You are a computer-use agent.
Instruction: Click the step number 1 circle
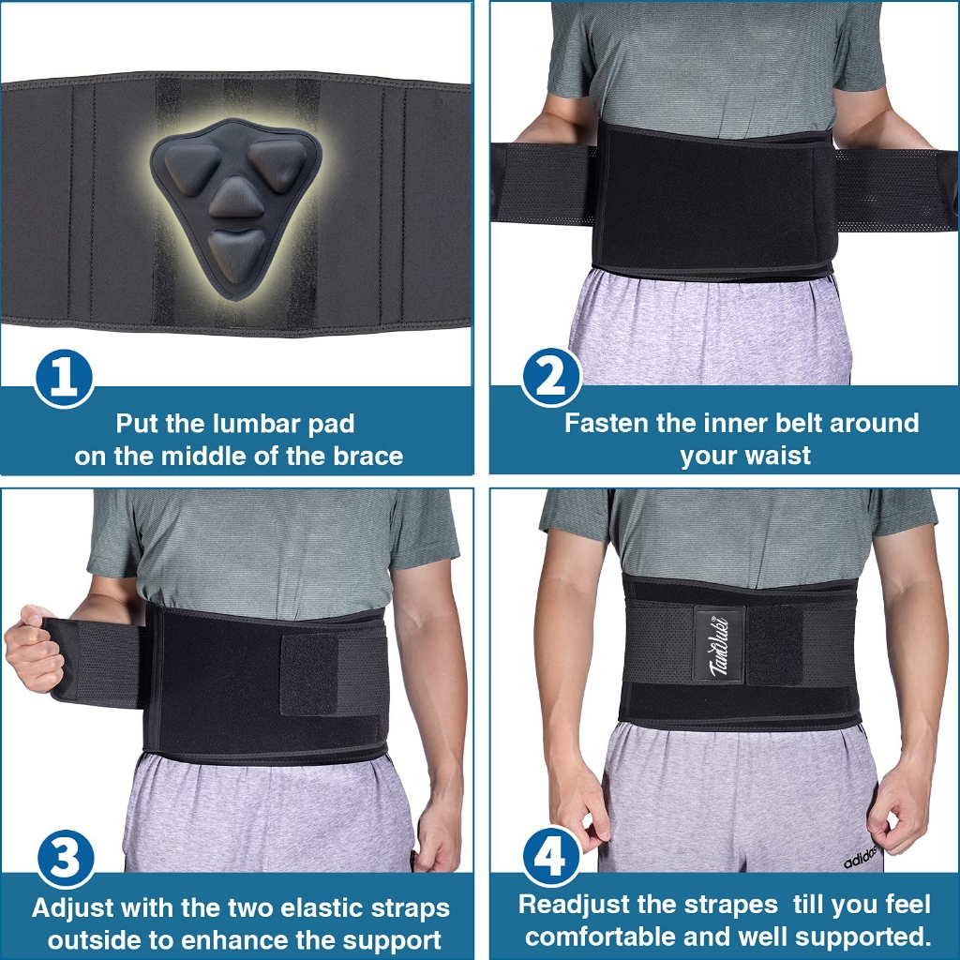64,379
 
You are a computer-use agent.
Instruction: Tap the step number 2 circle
551,377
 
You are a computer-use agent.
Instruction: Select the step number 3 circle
66,859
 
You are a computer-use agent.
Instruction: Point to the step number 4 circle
551,856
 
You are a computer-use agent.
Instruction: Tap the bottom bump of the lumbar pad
236,251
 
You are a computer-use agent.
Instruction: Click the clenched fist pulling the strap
34,648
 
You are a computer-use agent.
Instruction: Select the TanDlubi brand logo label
719,644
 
